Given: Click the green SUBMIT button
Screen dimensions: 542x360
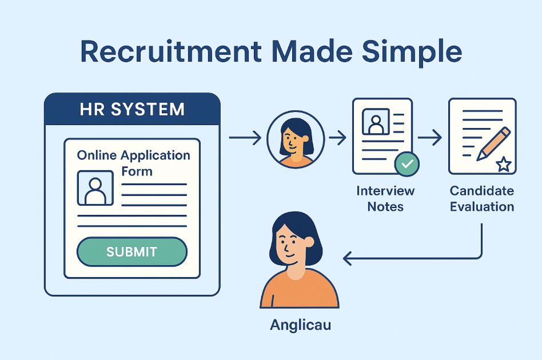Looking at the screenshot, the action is (131, 251).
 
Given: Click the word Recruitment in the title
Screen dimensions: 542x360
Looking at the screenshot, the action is (171, 52).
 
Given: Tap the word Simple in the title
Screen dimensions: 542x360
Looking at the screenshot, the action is (412, 53).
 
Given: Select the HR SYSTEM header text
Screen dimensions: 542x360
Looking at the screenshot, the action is (132, 109).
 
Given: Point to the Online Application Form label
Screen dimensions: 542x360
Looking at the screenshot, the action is (134, 163).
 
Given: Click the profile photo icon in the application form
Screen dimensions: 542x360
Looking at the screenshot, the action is (95, 188).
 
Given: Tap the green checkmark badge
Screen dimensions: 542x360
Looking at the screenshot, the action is (407, 164).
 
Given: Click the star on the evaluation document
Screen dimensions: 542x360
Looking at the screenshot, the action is (504, 164).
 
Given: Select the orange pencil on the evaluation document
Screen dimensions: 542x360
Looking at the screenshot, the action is (493, 144).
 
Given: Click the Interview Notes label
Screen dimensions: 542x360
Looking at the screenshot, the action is (385, 199).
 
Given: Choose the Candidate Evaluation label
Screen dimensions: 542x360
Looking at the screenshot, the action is (482, 199).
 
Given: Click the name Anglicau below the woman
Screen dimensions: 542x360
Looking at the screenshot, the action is (300, 325).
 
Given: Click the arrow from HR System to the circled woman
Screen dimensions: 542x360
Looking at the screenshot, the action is (245, 138).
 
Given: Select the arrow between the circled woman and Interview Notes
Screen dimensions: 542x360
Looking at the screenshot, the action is (337, 138).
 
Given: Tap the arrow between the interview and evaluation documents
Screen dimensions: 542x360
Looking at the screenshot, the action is (430, 138).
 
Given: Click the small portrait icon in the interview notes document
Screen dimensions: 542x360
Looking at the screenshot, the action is (376, 121).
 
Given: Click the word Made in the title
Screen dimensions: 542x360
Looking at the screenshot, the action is (312, 52).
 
